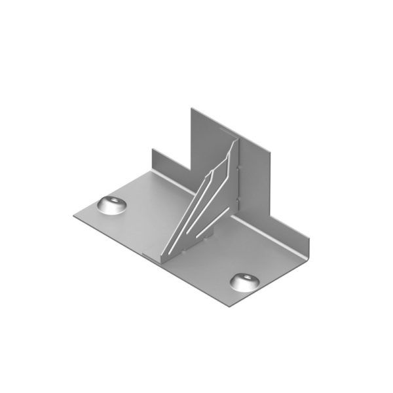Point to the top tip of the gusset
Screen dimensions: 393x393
click(x=233, y=140)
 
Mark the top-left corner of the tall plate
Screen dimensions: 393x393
click(x=191, y=108)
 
